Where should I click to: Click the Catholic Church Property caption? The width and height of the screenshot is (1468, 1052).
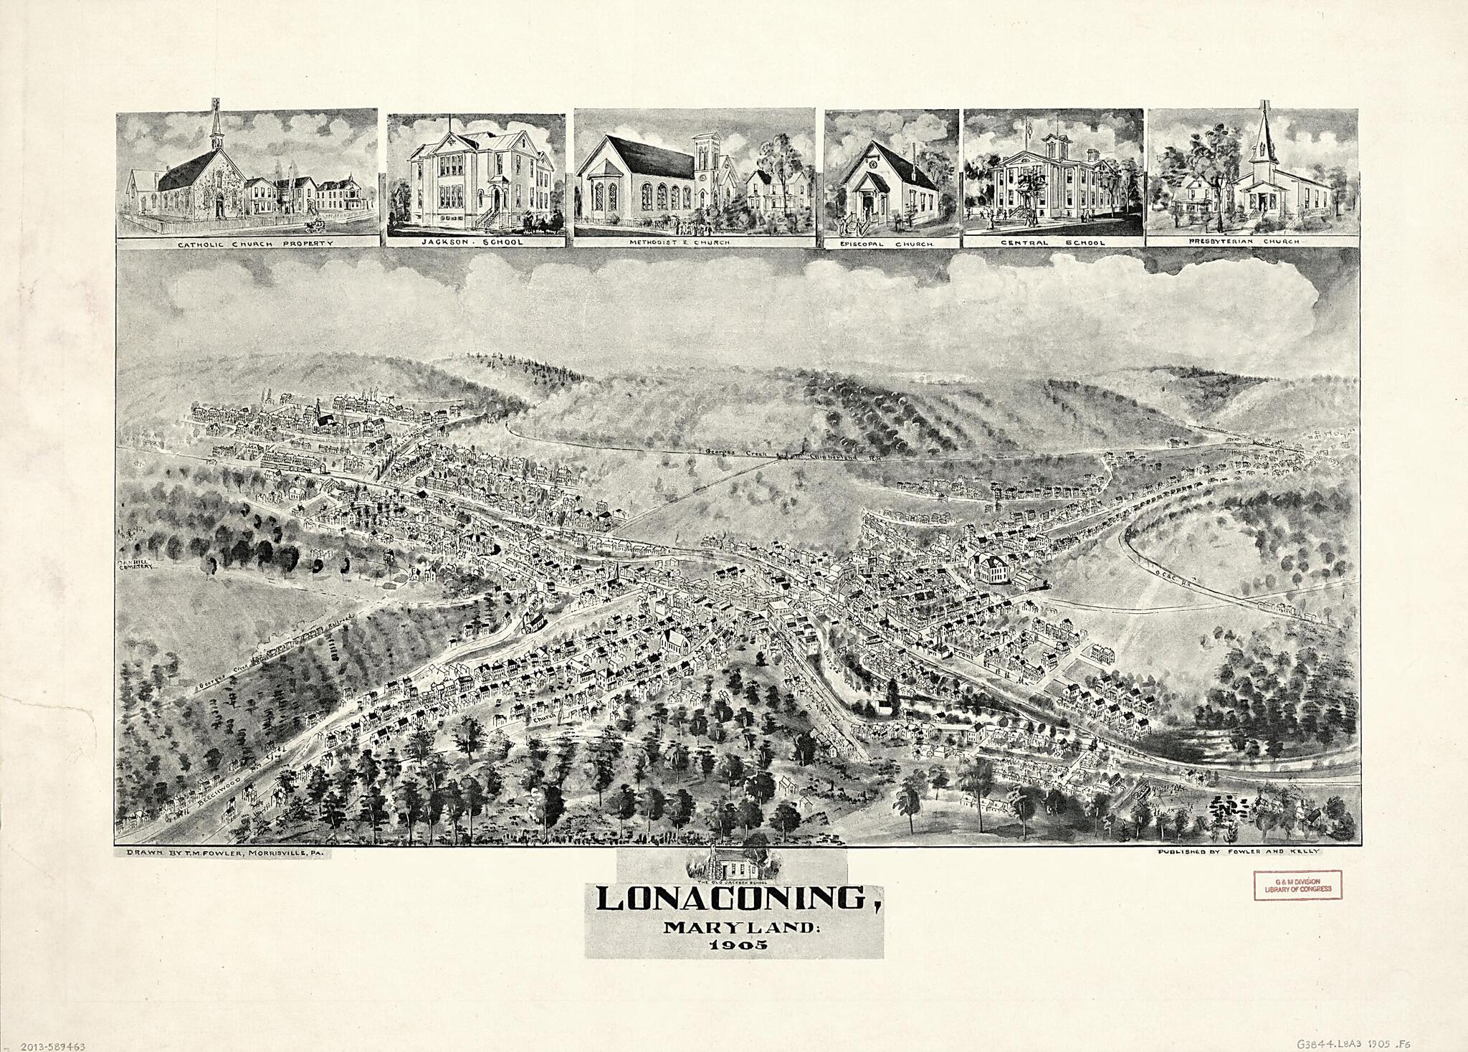(247, 243)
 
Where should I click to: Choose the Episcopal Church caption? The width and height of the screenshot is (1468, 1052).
(891, 244)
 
